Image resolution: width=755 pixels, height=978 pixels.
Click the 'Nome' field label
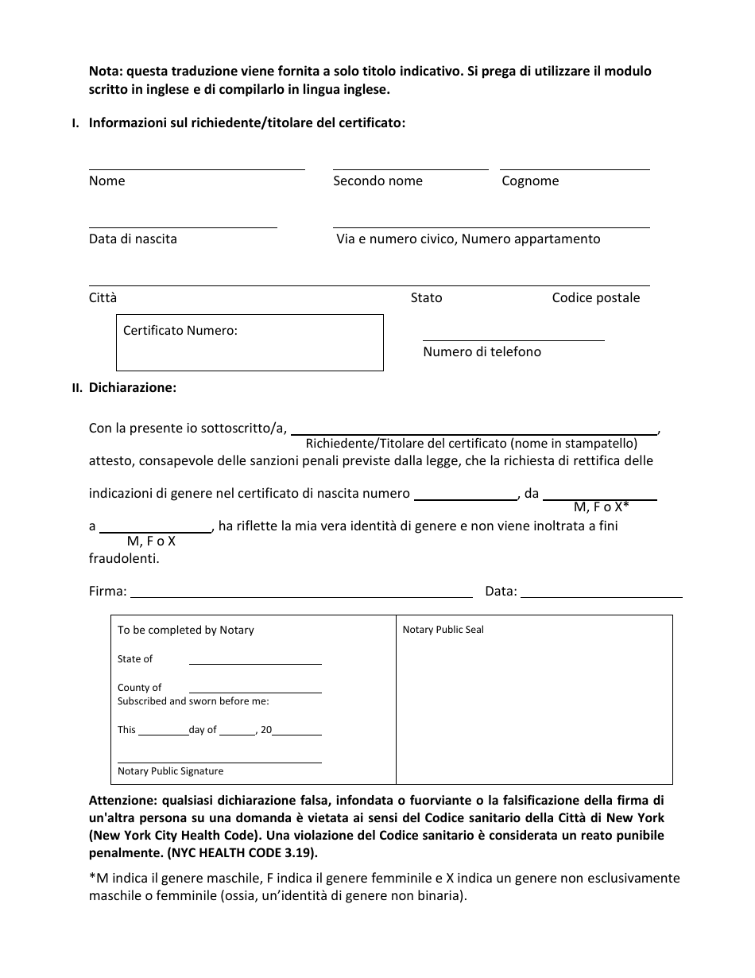pos(106,181)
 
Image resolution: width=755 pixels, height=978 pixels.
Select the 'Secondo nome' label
pos(377,181)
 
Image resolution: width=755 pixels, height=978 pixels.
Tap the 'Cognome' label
pos(530,181)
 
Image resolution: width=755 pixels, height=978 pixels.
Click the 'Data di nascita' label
pos(133,239)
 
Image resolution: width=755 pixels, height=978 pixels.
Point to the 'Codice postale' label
pos(595,298)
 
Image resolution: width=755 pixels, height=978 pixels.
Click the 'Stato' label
pos(426,298)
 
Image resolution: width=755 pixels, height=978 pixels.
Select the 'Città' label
pos(103,298)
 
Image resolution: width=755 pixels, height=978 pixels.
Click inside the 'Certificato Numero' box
pos(250,350)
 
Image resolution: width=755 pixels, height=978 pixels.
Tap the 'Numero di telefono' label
pos(482,352)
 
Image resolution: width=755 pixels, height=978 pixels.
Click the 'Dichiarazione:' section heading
pos(133,388)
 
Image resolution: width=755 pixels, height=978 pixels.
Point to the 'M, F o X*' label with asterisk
pos(601,507)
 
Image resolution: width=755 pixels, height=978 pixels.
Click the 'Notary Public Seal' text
pos(443,631)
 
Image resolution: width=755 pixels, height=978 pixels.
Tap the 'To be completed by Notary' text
pos(185,631)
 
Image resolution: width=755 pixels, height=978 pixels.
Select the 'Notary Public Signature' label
pos(170,771)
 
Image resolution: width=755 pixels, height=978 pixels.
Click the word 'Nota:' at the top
pos(106,72)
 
